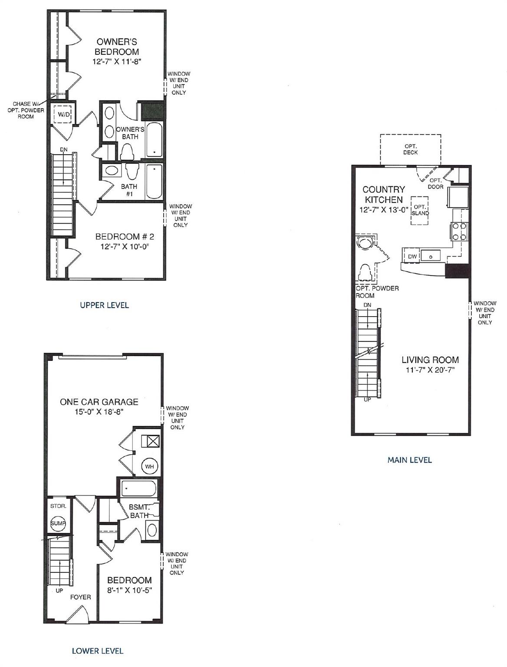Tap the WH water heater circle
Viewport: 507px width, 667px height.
(x=150, y=466)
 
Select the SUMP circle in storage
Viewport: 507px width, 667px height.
(x=58, y=523)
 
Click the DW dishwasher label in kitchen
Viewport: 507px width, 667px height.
(x=412, y=257)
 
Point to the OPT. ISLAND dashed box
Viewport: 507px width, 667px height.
(x=420, y=211)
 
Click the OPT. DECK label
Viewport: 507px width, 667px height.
(x=410, y=149)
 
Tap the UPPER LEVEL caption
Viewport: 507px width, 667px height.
(x=104, y=305)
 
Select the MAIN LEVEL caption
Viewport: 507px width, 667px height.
(x=409, y=460)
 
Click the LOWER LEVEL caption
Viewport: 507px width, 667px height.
(x=97, y=651)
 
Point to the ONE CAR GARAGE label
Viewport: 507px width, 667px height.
(x=99, y=402)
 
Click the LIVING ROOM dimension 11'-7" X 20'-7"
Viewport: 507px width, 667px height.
(x=430, y=370)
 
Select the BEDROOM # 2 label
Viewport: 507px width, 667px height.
(x=125, y=237)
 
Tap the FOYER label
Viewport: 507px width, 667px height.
(x=81, y=597)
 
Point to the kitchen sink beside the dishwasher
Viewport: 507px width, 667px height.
(x=430, y=256)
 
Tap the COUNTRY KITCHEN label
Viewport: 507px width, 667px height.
(x=384, y=195)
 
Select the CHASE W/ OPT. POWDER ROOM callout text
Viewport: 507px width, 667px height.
(x=29, y=110)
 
